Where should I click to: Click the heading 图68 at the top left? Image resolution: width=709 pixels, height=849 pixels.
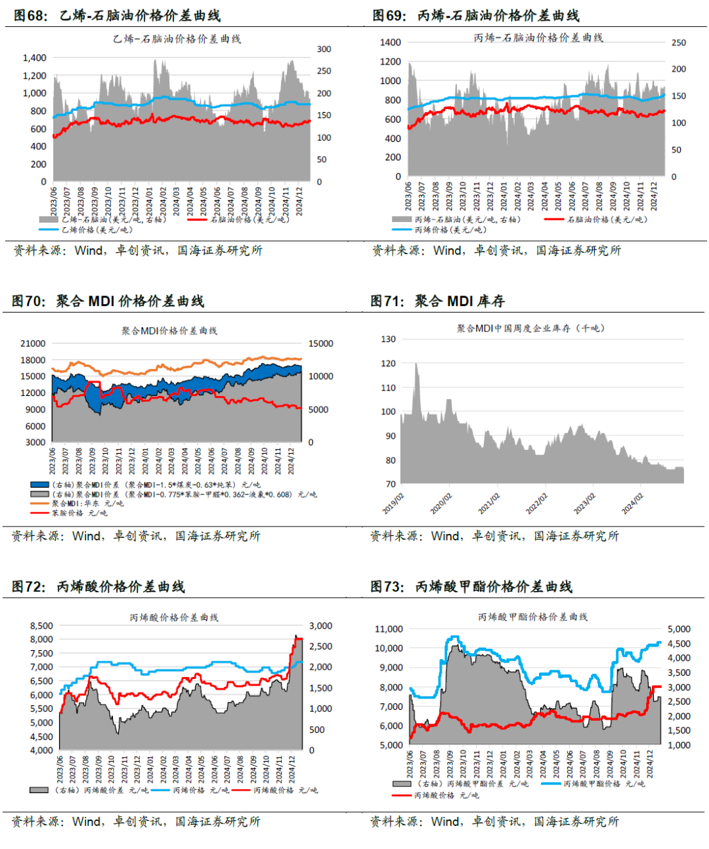point(30,16)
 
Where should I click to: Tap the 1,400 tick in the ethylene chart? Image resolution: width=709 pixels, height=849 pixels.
point(34,58)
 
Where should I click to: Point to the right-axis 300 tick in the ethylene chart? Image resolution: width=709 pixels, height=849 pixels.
point(324,49)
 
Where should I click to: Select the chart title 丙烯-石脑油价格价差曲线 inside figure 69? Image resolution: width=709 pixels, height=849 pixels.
point(538,38)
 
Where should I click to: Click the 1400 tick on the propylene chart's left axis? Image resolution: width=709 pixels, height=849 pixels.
point(390,43)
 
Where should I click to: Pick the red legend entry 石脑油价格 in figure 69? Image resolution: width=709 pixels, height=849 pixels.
point(607,219)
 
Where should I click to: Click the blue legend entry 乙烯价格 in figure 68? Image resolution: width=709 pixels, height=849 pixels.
point(97,230)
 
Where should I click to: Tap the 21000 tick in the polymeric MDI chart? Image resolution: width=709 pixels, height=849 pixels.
point(33,343)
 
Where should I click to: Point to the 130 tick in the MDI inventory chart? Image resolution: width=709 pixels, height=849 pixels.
point(388,339)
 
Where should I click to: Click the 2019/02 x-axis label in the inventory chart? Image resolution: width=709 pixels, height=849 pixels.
point(394,504)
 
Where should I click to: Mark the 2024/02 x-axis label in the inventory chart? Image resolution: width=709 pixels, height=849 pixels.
point(633,504)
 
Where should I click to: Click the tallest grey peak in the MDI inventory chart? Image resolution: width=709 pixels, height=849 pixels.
point(416,365)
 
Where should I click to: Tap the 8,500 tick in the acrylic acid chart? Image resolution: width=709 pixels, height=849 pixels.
point(41,626)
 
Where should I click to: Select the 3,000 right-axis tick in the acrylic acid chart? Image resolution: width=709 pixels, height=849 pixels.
point(320,626)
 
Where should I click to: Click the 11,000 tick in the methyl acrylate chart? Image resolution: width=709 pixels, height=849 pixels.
point(389,629)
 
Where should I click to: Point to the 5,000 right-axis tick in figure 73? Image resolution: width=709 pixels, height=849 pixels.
point(679,629)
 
